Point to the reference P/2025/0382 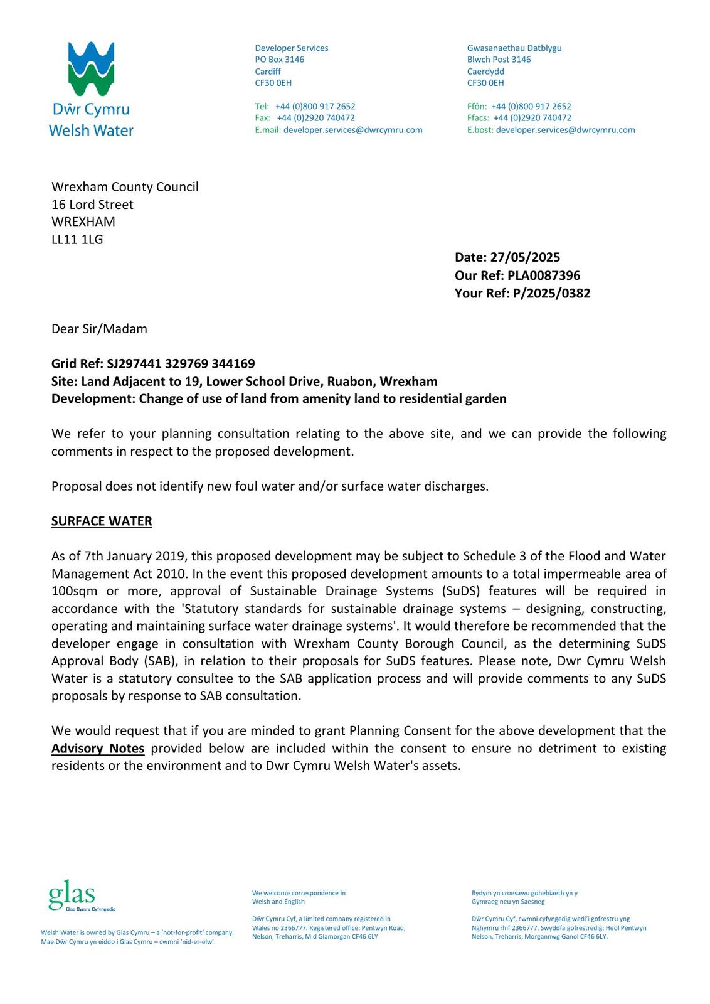coord(551,293)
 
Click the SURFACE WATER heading coord(102,521)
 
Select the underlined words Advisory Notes coord(98,749)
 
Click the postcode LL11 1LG coord(77,239)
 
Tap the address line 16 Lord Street coord(92,205)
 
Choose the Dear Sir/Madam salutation coord(99,329)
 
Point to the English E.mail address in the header coord(352,130)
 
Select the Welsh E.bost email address coord(565,130)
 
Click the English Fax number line coord(305,118)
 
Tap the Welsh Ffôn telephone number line coord(519,107)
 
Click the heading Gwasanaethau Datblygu coord(514,48)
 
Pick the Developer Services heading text coord(292,48)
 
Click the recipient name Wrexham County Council coord(125,187)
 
